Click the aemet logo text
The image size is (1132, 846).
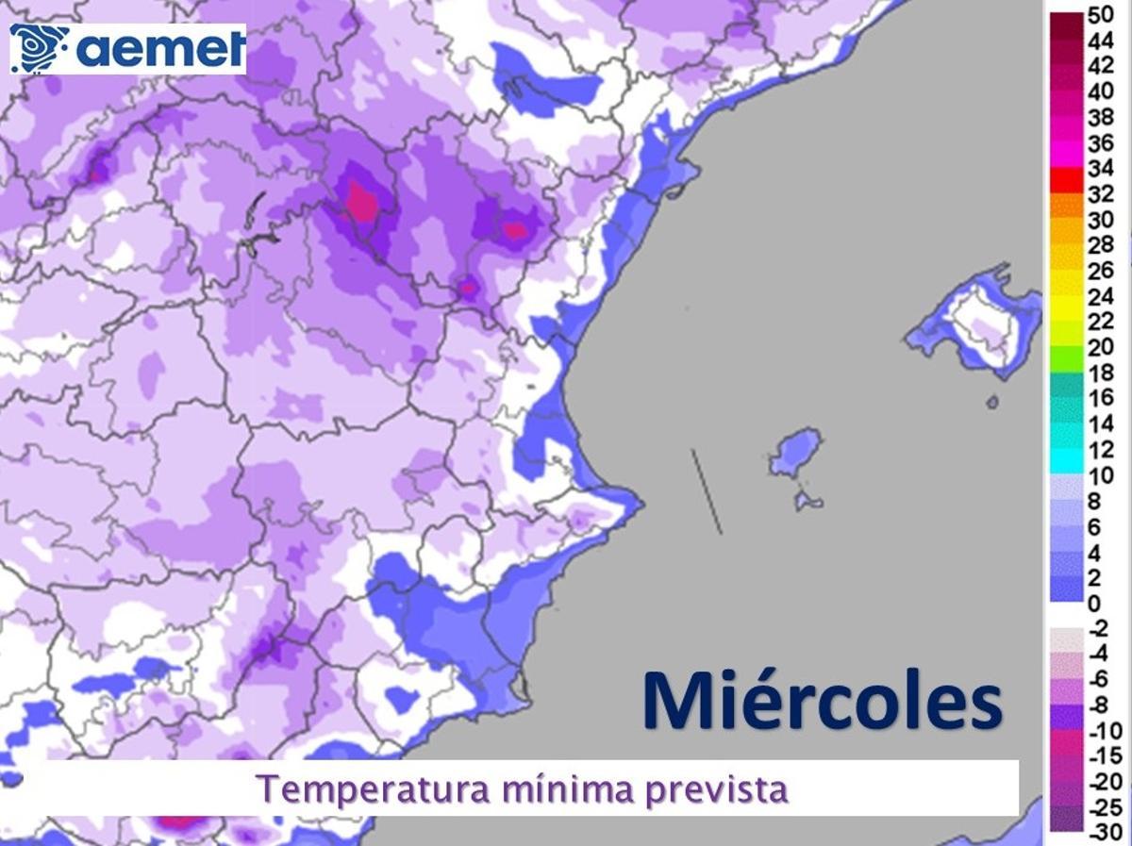[x=160, y=48]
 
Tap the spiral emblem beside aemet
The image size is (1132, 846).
[x=39, y=48]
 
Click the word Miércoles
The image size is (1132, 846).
[x=822, y=700]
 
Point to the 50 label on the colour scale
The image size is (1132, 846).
[x=1100, y=15]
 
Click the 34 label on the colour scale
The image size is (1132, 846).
[x=1100, y=170]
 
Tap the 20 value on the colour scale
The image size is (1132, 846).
[x=1100, y=348]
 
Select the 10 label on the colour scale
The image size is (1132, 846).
[x=1100, y=475]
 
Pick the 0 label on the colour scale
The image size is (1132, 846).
[x=1093, y=604]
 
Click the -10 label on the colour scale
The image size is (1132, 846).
[x=1103, y=731]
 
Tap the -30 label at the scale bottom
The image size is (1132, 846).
[x=1103, y=832]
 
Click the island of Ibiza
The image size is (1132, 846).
[x=794, y=453]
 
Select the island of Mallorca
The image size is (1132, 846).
[x=976, y=321]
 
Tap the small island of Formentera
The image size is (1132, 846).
[x=807, y=499]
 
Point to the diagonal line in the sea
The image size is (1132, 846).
[x=707, y=491]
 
